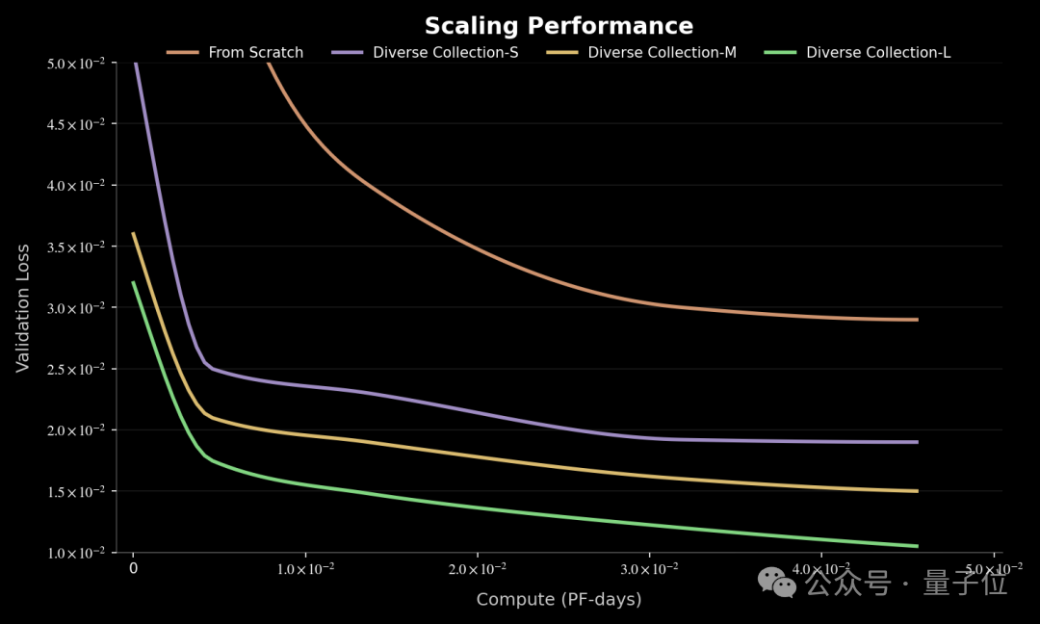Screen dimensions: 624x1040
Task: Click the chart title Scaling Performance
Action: pyautogui.click(x=559, y=26)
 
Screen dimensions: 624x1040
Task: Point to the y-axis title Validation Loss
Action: pyautogui.click(x=23, y=308)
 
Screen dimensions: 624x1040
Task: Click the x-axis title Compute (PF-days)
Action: pyautogui.click(x=559, y=599)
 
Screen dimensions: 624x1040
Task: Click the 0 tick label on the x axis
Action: pyautogui.click(x=134, y=569)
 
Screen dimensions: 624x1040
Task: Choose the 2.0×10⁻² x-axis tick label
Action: pyautogui.click(x=478, y=569)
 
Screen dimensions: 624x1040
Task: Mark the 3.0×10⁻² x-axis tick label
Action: pyautogui.click(x=650, y=569)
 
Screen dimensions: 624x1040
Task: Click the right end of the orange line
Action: pyautogui.click(x=917, y=320)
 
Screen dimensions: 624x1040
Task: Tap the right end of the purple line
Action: pyautogui.click(x=917, y=442)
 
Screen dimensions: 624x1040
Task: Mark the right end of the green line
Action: pyautogui.click(x=917, y=546)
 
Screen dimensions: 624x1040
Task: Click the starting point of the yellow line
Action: pyautogui.click(x=134, y=233)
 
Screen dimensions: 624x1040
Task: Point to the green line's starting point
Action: pyautogui.click(x=134, y=282)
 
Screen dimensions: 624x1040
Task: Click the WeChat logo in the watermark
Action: pyautogui.click(x=777, y=582)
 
